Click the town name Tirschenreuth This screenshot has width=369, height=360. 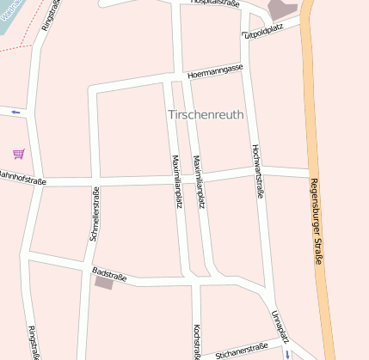tap(206, 114)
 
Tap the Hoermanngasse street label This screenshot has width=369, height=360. tap(215, 70)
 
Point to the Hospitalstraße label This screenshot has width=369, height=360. tap(214, 3)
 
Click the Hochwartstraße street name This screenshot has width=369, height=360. tap(256, 171)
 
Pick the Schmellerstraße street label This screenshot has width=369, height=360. tap(95, 213)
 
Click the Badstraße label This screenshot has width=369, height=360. tap(108, 274)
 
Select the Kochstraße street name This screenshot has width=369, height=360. tap(198, 342)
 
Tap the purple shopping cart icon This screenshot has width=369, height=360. tap(19, 154)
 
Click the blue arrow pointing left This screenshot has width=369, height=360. tap(15, 112)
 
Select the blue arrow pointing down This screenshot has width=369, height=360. tap(288, 353)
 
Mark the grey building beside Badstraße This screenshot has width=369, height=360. tap(104, 282)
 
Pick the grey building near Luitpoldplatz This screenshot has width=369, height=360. tap(282, 10)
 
